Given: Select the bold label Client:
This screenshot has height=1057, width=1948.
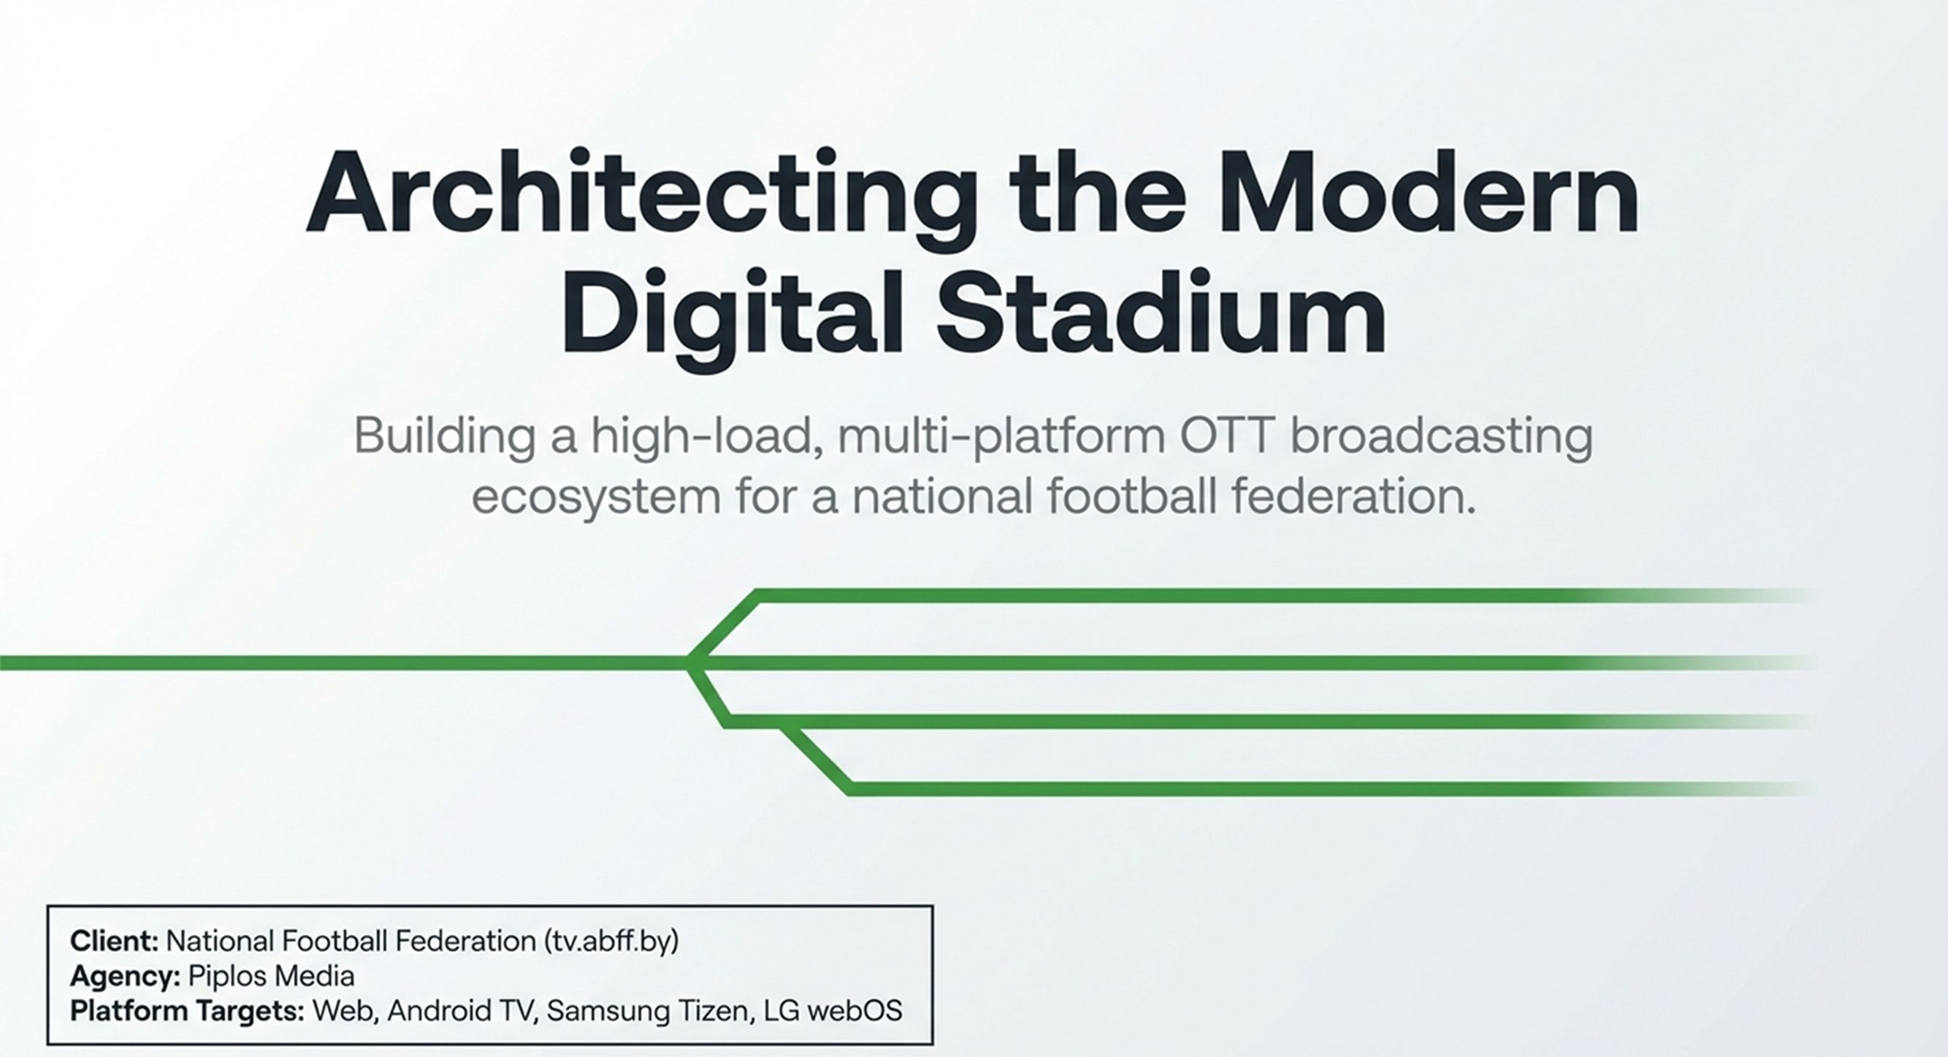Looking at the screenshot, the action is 114,942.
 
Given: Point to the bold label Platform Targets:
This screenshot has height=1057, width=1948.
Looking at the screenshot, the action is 188,1011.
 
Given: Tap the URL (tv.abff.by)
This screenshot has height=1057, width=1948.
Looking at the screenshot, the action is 611,942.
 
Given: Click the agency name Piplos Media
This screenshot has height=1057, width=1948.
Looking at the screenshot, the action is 271,976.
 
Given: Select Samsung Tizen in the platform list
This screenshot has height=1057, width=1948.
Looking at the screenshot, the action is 647,1011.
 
